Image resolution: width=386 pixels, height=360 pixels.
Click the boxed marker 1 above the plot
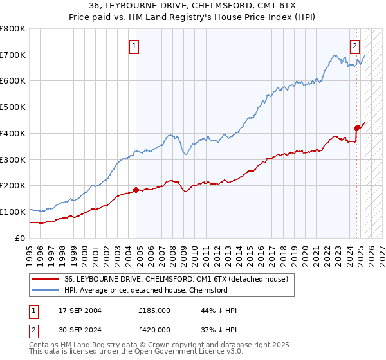click(134, 46)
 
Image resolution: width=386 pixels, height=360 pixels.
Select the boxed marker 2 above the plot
click(354, 46)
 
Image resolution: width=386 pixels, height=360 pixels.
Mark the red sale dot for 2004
click(136, 190)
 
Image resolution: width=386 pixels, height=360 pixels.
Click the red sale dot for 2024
click(356, 128)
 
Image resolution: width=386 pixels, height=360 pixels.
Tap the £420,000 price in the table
click(154, 330)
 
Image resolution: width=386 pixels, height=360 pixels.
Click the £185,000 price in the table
click(154, 310)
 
